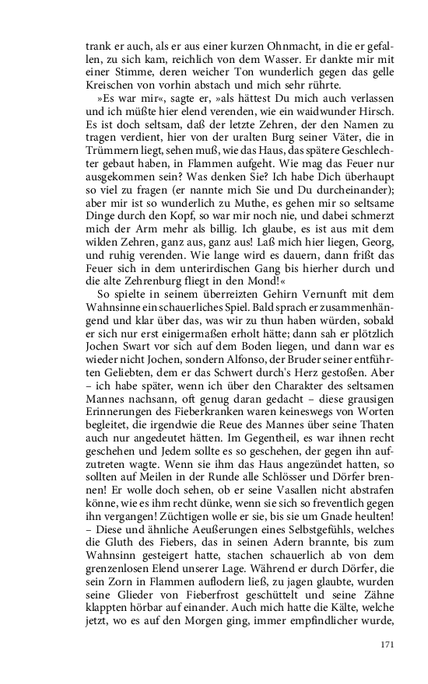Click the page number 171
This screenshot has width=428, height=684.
[388, 644]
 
